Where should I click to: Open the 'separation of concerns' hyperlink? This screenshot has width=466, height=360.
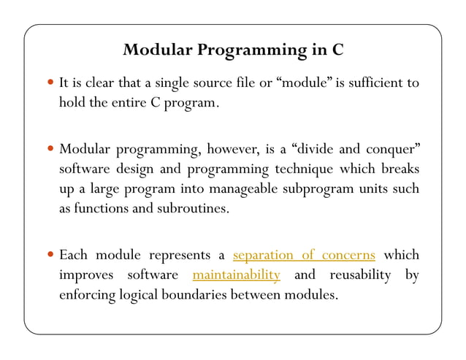(x=304, y=256)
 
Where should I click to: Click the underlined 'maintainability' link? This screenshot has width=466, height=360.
(x=236, y=275)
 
